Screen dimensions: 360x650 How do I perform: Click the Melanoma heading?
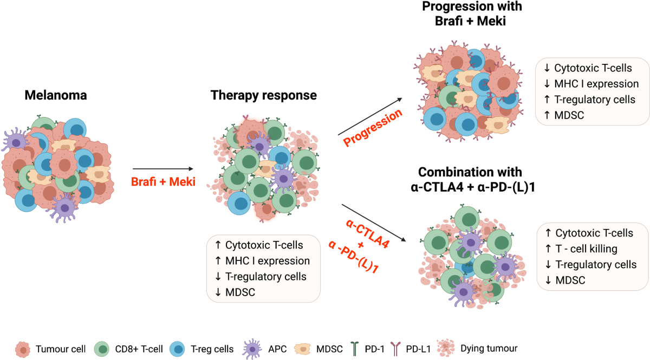(x=56, y=96)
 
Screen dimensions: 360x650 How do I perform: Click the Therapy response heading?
(x=263, y=96)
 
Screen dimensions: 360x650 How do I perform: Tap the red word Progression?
(x=373, y=128)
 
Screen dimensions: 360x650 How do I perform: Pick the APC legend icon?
(x=252, y=349)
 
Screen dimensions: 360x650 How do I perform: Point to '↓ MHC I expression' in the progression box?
(x=591, y=84)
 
